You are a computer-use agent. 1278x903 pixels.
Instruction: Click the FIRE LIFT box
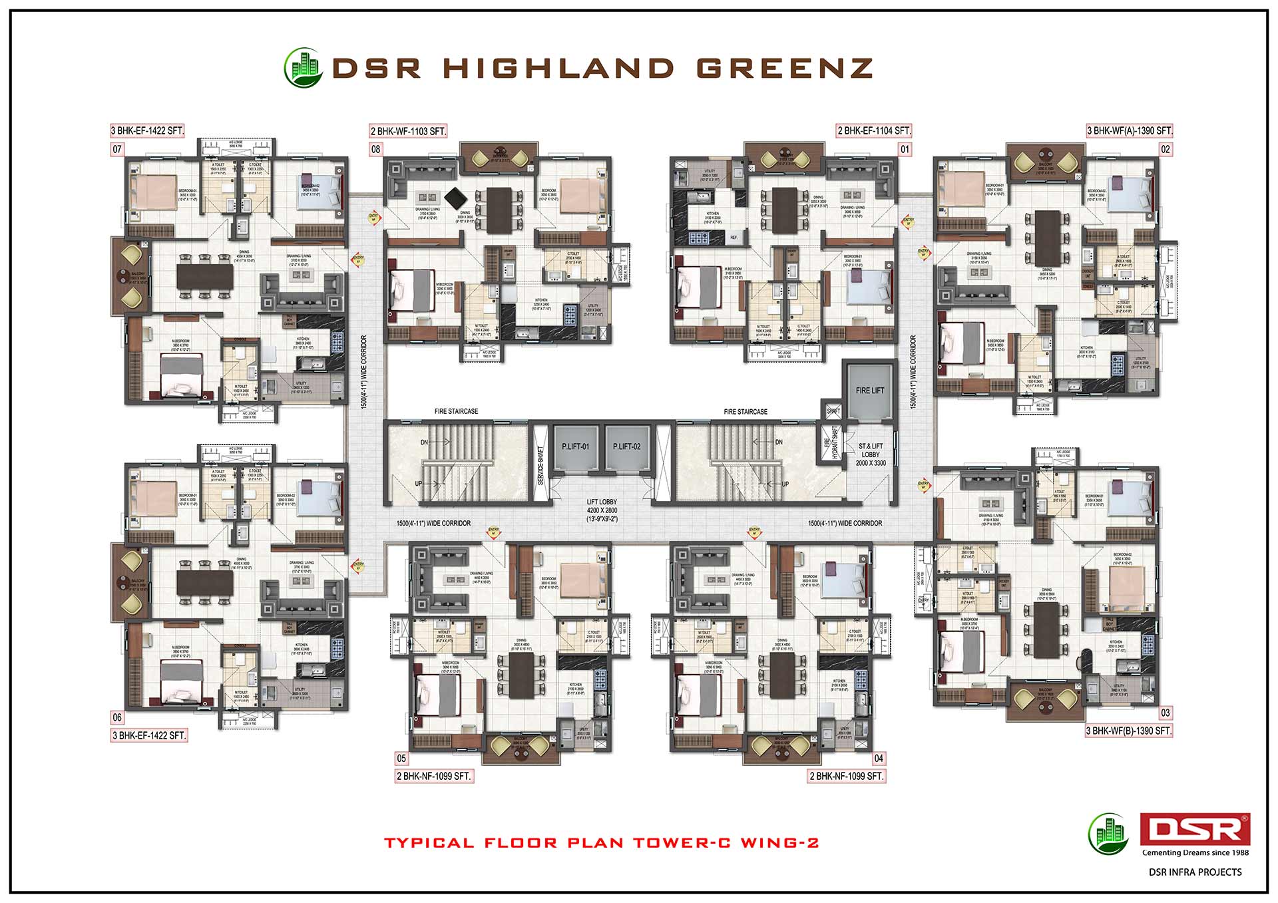[870, 391]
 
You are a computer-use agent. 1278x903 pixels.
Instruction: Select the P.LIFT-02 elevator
[626, 447]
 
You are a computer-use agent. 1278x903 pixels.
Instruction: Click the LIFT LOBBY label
[602, 510]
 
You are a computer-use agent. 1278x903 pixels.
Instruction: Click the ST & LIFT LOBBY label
[871, 454]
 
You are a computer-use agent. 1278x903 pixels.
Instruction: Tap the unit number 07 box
[117, 149]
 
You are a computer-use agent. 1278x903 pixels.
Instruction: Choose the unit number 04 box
[879, 758]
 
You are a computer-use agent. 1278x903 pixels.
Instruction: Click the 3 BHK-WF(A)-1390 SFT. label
[1129, 130]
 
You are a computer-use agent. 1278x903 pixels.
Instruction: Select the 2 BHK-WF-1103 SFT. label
[408, 131]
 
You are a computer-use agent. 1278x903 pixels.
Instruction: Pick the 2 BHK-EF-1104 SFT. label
[874, 130]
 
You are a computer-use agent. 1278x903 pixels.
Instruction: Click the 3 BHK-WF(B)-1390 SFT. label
[1128, 731]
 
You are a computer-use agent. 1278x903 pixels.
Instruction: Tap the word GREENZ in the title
[784, 68]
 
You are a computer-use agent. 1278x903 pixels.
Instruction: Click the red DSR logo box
[1195, 829]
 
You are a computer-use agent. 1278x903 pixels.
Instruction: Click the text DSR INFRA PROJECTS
[1195, 872]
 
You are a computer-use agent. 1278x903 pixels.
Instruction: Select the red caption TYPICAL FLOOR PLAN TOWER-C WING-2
[601, 842]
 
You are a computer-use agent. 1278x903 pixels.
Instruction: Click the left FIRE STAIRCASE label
[456, 411]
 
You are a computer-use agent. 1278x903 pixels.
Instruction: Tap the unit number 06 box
[117, 717]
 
